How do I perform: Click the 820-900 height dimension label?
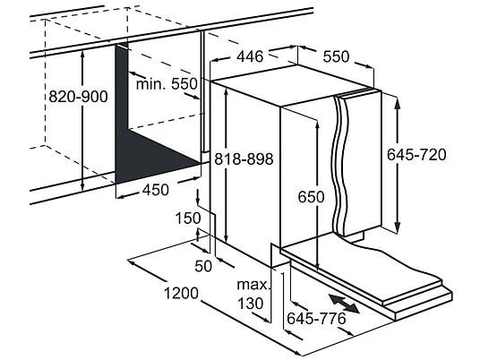(79, 97)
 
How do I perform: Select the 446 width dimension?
(250, 56)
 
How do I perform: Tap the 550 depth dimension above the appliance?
(336, 56)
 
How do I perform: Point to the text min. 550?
(167, 83)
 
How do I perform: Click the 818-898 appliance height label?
(244, 159)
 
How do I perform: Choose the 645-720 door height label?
(416, 154)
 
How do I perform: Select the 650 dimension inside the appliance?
(311, 197)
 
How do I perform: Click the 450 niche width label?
(156, 190)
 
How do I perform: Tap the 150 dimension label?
(188, 219)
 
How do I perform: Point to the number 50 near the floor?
(203, 266)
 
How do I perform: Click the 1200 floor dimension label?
(181, 293)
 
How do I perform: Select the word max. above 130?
(254, 285)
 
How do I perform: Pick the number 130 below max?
(251, 304)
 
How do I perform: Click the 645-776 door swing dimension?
(316, 319)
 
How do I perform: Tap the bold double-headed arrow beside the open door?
(344, 304)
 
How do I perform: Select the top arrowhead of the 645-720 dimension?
(397, 104)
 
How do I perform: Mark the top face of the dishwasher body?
(295, 84)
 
